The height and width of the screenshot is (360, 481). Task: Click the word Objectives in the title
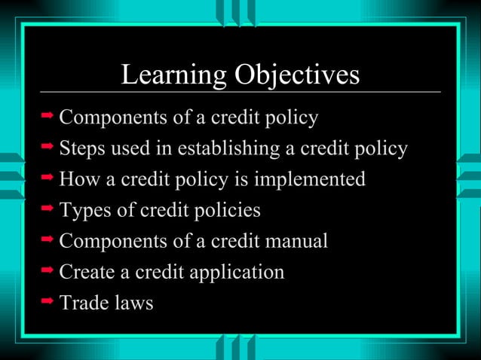[x=298, y=75]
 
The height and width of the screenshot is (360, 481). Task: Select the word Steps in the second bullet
[x=83, y=148]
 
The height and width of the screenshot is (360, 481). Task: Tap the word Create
[x=86, y=272]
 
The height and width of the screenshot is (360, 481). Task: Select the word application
[x=236, y=272]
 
